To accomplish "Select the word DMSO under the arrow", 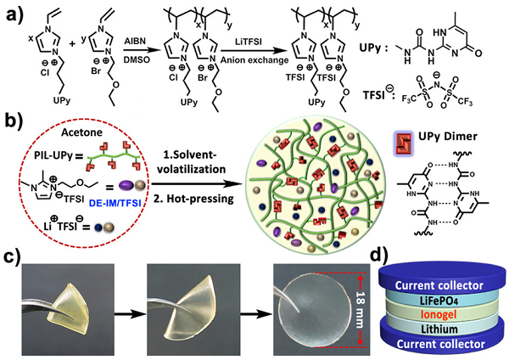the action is (137, 59).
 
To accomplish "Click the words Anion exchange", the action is (255, 60).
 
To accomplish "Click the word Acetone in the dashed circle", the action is (81, 132).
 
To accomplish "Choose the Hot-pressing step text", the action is (193, 199).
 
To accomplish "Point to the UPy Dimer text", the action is (448, 137).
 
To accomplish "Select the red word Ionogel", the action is (439, 314).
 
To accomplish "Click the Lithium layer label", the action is (439, 329).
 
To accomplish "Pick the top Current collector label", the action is (439, 285).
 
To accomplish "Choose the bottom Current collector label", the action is (441, 344).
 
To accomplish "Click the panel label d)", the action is (379, 256).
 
